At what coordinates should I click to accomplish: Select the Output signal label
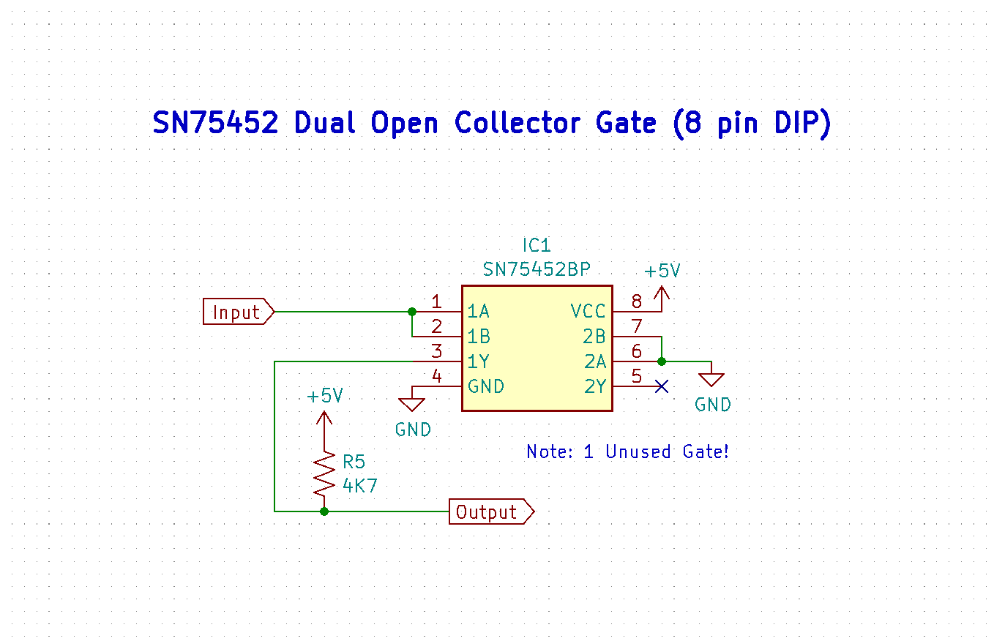pos(487,512)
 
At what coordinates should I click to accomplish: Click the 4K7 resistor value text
pos(360,484)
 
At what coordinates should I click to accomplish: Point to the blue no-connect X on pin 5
pos(662,386)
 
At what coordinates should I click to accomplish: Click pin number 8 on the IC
pos(636,301)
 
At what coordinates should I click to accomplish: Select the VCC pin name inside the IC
pos(588,312)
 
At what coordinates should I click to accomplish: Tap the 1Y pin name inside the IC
pos(479,361)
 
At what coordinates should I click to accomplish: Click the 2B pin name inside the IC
pos(594,337)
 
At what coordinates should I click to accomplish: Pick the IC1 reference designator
pos(536,245)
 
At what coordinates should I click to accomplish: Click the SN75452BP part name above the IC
pos(536,270)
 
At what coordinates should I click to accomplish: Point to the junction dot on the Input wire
pos(412,312)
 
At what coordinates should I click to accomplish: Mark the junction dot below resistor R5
pos(324,511)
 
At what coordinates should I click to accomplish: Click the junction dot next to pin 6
pos(662,361)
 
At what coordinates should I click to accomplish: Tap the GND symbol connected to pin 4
pos(412,403)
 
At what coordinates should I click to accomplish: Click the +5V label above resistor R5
pos(325,396)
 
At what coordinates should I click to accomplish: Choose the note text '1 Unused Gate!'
pos(656,452)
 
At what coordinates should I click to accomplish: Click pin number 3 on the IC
pos(436,351)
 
